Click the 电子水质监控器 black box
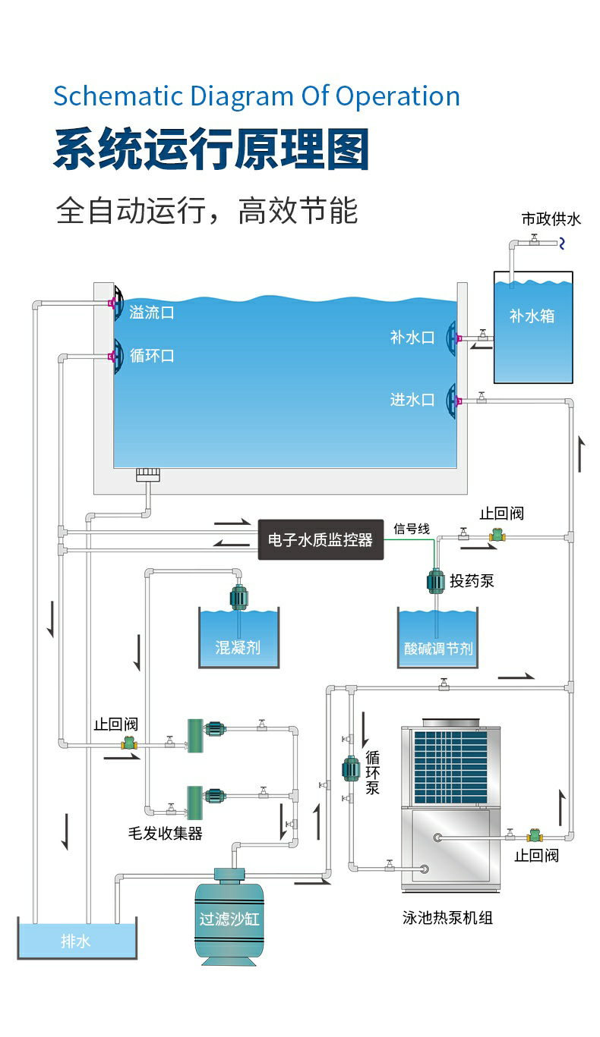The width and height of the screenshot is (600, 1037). (x=321, y=539)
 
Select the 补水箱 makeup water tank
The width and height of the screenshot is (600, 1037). (x=532, y=326)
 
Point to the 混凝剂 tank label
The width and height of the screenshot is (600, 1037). (x=238, y=647)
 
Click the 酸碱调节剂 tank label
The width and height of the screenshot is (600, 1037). (x=438, y=649)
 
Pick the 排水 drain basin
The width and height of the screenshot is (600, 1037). (x=77, y=941)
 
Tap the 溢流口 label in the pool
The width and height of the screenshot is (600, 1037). (x=152, y=312)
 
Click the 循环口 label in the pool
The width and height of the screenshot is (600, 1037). (x=152, y=355)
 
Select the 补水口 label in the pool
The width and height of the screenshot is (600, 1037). (x=412, y=338)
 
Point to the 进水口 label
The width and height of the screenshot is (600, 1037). (x=412, y=399)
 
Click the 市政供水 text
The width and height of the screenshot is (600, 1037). (x=551, y=219)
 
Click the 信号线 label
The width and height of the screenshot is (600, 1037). (x=412, y=529)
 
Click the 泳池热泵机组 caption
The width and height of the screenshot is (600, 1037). (x=447, y=918)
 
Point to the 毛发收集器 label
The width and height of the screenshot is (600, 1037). (x=165, y=833)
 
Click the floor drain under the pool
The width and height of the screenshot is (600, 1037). (x=147, y=476)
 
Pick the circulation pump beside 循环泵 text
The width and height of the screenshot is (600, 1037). (x=350, y=768)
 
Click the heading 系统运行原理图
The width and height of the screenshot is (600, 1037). (x=211, y=149)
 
